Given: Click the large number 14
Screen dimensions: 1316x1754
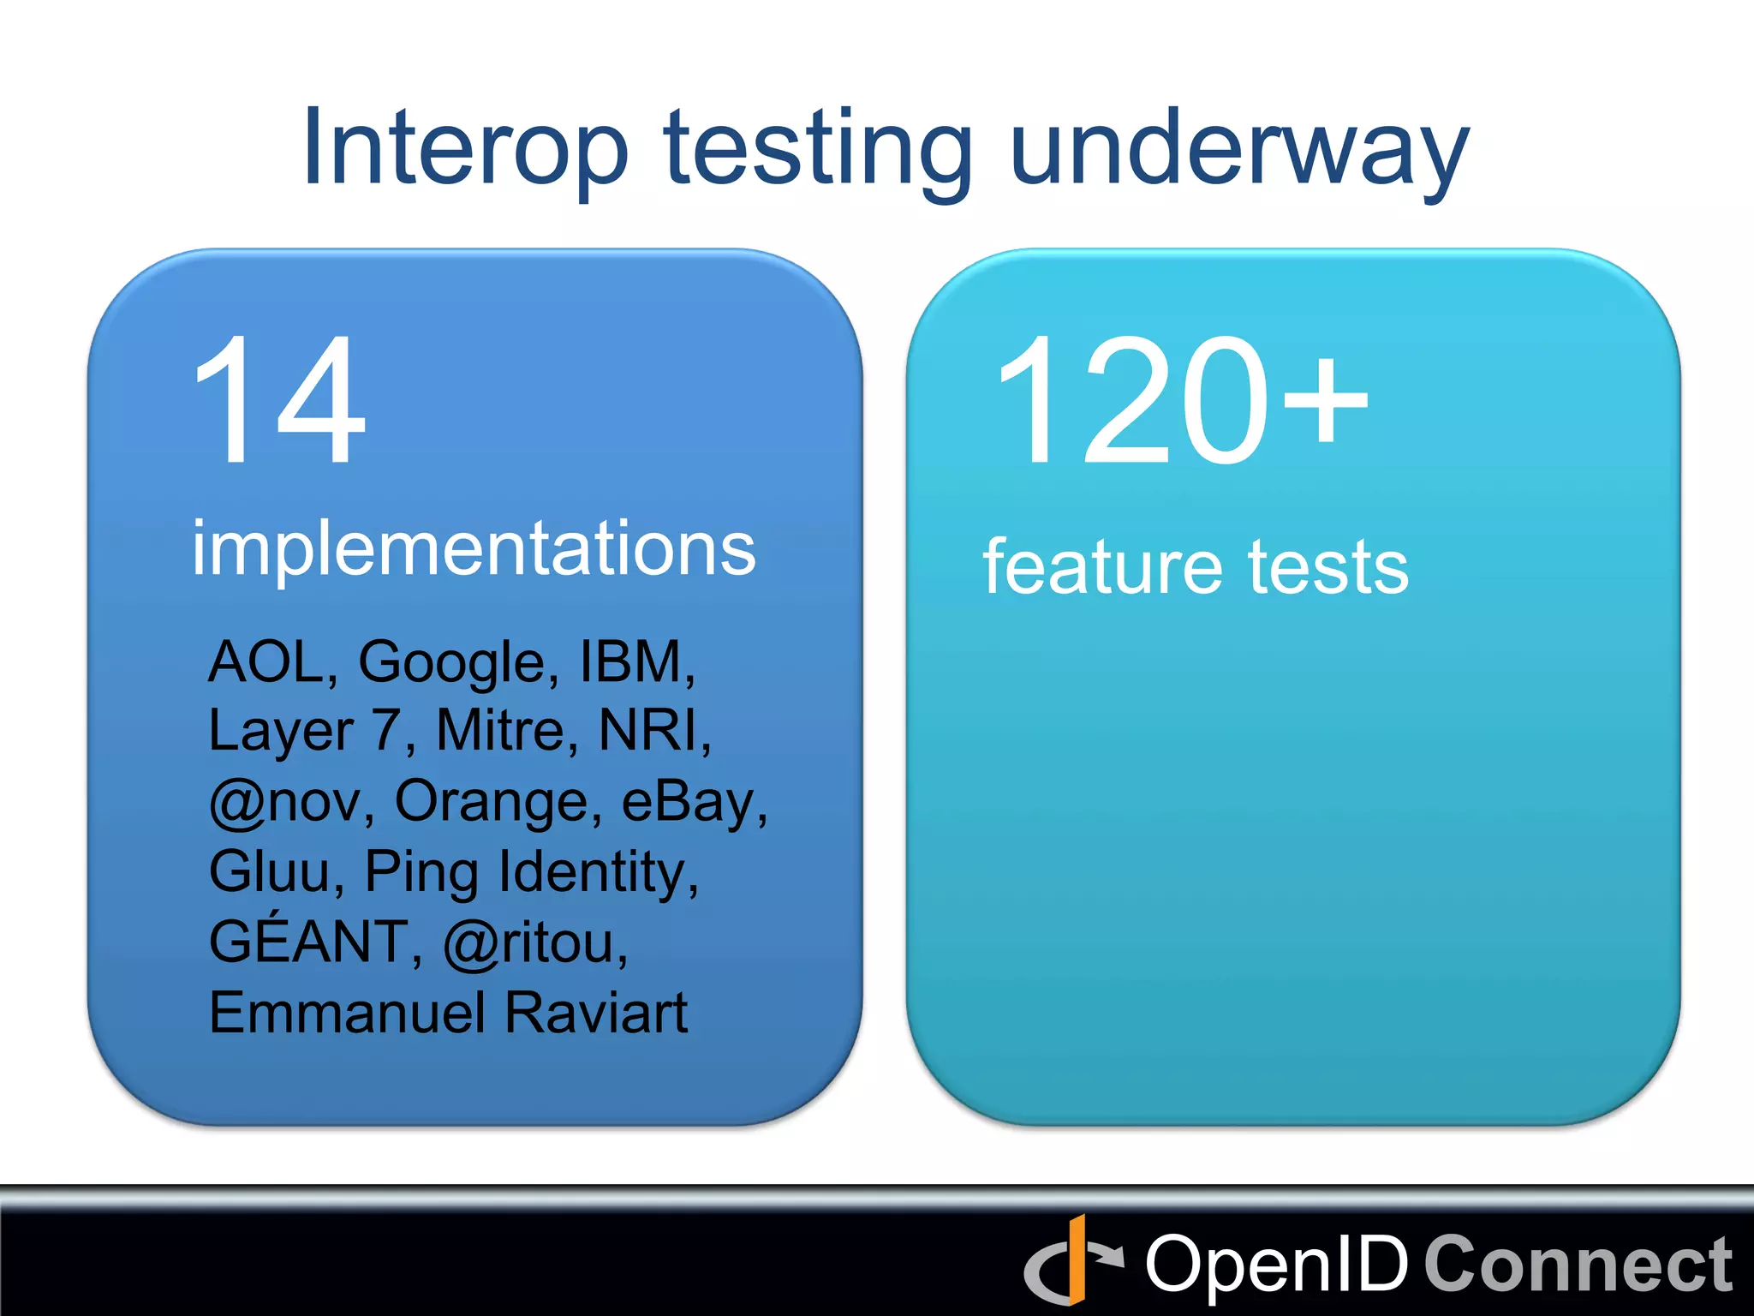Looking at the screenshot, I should (x=279, y=401).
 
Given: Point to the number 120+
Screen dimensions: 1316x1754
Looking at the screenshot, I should (x=1182, y=401).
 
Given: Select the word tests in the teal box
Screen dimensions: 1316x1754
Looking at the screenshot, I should (x=1328, y=567).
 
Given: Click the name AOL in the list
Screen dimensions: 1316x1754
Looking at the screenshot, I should (x=266, y=661).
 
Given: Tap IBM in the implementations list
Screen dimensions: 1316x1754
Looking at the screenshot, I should (x=631, y=661).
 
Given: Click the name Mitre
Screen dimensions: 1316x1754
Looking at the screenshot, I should (x=499, y=731).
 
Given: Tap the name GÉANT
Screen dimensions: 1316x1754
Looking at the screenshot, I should (x=310, y=941).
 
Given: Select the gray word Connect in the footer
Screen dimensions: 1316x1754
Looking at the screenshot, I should (x=1578, y=1265).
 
